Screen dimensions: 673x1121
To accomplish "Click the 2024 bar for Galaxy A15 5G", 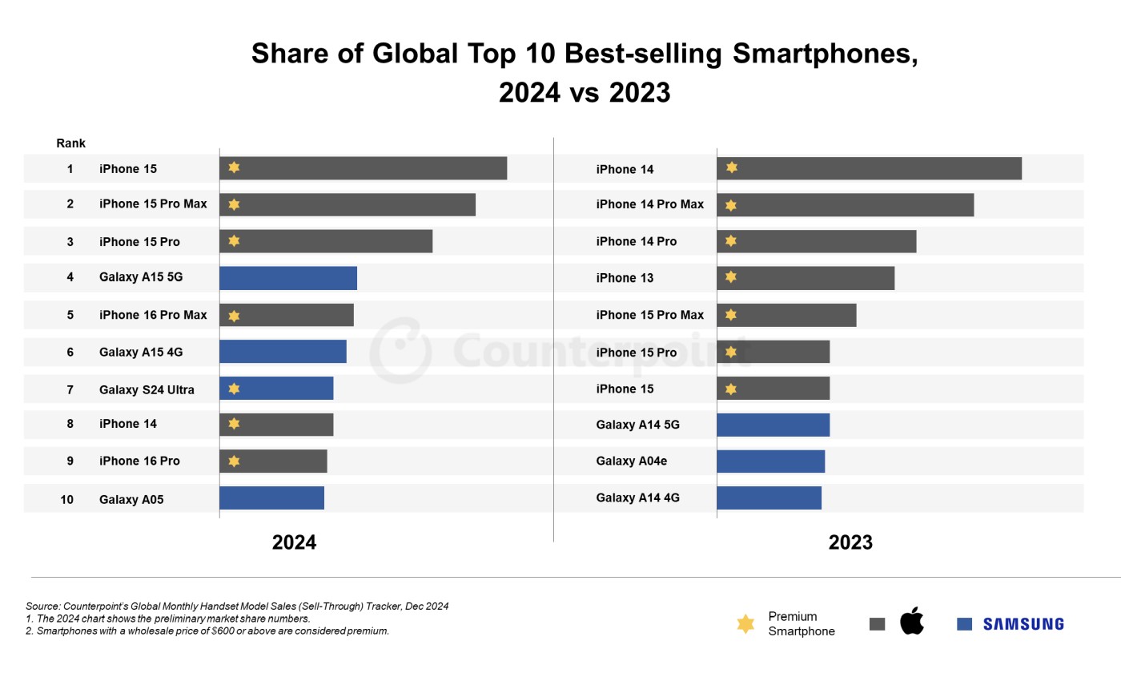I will [288, 278].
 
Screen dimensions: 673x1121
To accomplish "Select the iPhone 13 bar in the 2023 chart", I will [806, 278].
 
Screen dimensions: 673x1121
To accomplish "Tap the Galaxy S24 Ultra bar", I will [276, 389].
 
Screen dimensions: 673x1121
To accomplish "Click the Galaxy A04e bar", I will [770, 461].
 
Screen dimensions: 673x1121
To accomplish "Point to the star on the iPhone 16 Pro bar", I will [234, 461].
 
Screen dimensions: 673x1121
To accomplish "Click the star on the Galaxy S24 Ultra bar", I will [234, 389].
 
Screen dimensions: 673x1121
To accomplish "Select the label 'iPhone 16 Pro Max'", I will [153, 315].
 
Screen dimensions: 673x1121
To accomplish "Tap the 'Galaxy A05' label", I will [131, 499].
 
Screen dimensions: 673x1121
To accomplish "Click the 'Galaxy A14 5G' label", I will [637, 425].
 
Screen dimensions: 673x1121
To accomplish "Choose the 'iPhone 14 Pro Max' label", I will [649, 204].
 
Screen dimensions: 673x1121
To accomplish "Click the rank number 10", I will [67, 499].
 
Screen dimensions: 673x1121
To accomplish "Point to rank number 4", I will [70, 277].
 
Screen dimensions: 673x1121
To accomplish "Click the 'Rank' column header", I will [70, 143].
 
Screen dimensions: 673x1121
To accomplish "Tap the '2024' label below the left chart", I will [294, 542].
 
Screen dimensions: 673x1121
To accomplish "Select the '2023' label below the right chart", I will [850, 542].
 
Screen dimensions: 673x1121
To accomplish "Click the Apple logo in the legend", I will [912, 621].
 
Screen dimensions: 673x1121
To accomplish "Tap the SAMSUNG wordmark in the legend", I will [1023, 623].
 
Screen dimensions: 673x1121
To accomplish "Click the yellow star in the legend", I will [745, 624].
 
